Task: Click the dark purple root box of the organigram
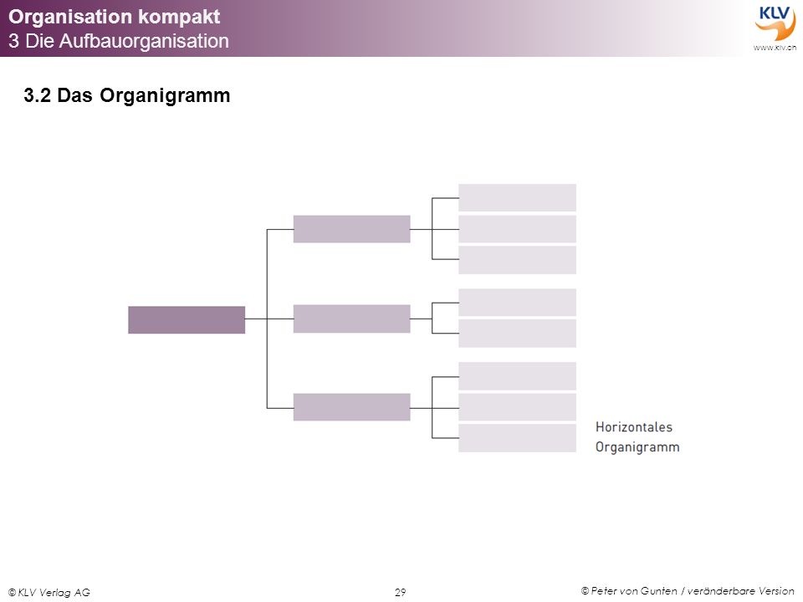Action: coord(187,320)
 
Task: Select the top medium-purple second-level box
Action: coord(352,229)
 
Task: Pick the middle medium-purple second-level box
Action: coord(352,319)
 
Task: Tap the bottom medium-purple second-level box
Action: coord(352,407)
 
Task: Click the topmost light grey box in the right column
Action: coord(517,197)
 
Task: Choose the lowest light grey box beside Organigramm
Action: coord(517,437)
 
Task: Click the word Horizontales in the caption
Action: coord(633,427)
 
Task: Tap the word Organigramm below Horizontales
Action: coord(637,446)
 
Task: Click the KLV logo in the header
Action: coord(775,23)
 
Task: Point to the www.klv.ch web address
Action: coord(775,48)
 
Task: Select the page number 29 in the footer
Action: coord(401,592)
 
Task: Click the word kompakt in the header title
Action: coord(179,17)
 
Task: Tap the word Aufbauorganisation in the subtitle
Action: coord(144,41)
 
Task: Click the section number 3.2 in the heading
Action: coord(38,95)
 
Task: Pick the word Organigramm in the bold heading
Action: coord(165,95)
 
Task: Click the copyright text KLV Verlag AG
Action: coord(49,592)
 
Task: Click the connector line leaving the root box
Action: coord(256,319)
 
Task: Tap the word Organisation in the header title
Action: coord(70,17)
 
